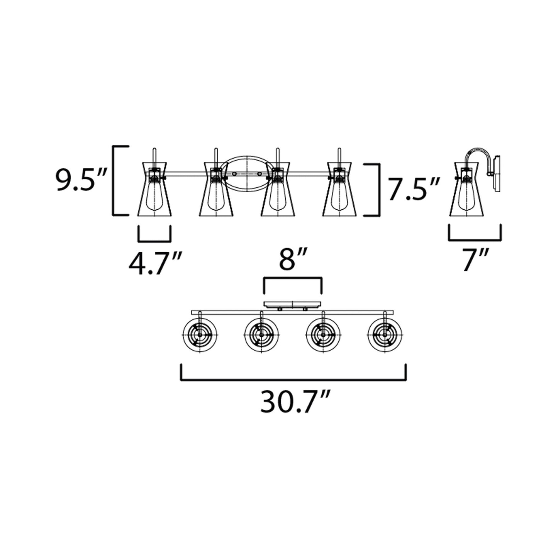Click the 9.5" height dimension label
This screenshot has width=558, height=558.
pos(81,180)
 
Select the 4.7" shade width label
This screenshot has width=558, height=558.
pos(156,263)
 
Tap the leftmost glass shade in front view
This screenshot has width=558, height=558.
pos(154,189)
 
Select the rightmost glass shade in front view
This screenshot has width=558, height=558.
pos(340,189)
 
